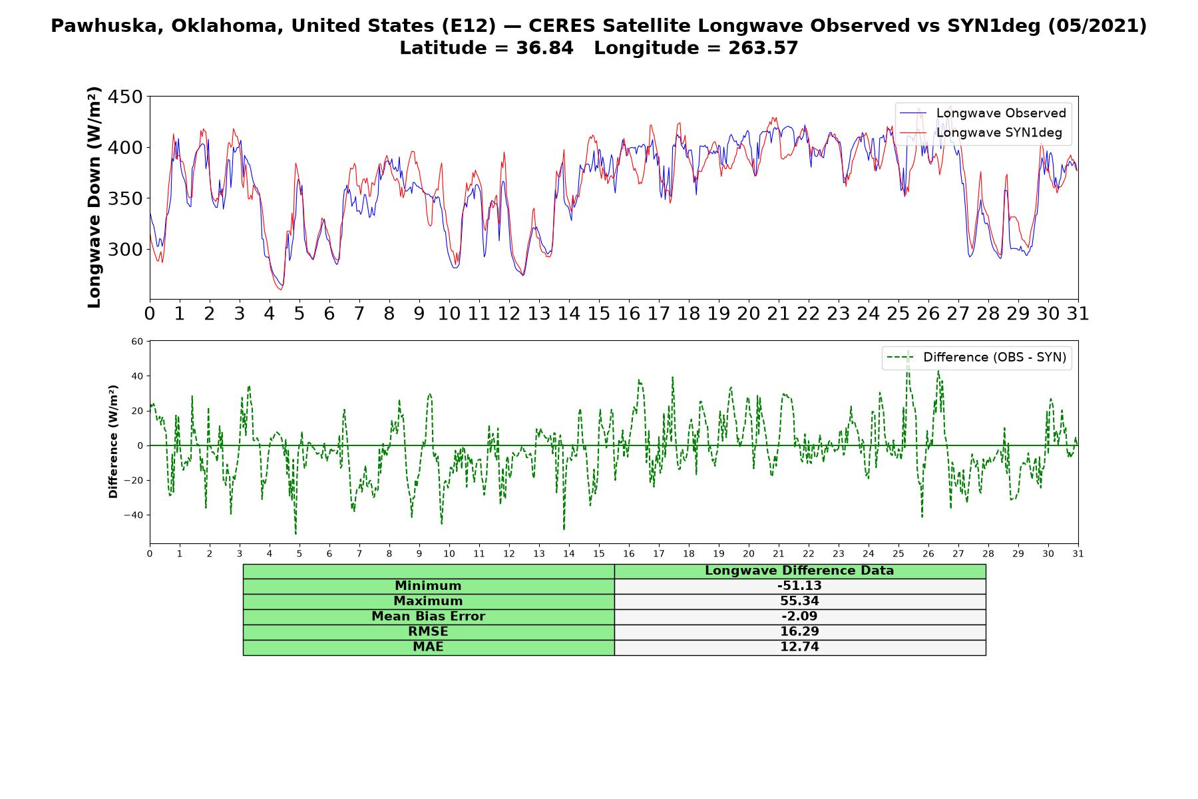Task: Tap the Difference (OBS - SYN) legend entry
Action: click(977, 358)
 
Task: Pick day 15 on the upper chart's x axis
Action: click(598, 313)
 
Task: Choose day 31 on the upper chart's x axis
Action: click(1078, 313)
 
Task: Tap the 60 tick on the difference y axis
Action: click(137, 342)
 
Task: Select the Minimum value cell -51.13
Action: click(799, 586)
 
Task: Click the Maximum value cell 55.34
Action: click(799, 601)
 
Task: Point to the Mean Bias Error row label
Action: click(428, 617)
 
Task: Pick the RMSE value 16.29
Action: click(799, 632)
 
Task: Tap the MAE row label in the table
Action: click(428, 647)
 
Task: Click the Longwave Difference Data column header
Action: click(799, 571)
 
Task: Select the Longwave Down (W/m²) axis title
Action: click(94, 197)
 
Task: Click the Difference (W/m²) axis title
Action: click(113, 441)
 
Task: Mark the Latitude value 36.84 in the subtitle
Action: click(544, 48)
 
